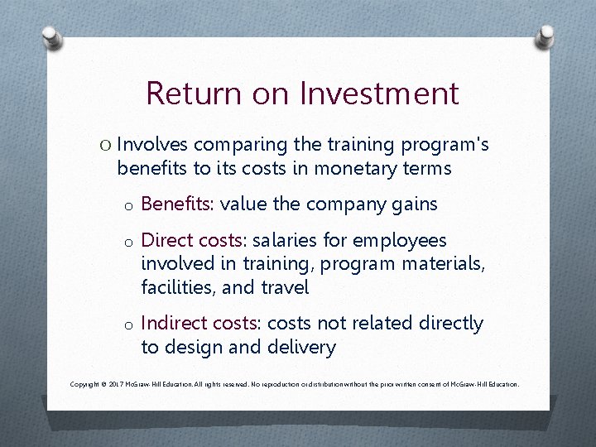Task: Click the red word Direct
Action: pos(166,241)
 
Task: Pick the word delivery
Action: pos(302,348)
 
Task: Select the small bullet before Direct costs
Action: pos(127,243)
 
